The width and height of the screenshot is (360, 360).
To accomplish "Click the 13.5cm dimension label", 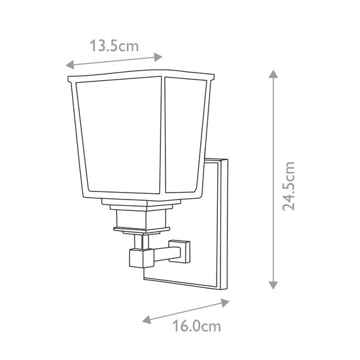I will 115,45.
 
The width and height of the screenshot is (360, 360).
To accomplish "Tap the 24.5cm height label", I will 289,186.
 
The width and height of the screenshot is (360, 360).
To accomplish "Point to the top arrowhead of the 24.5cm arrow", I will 273,73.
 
